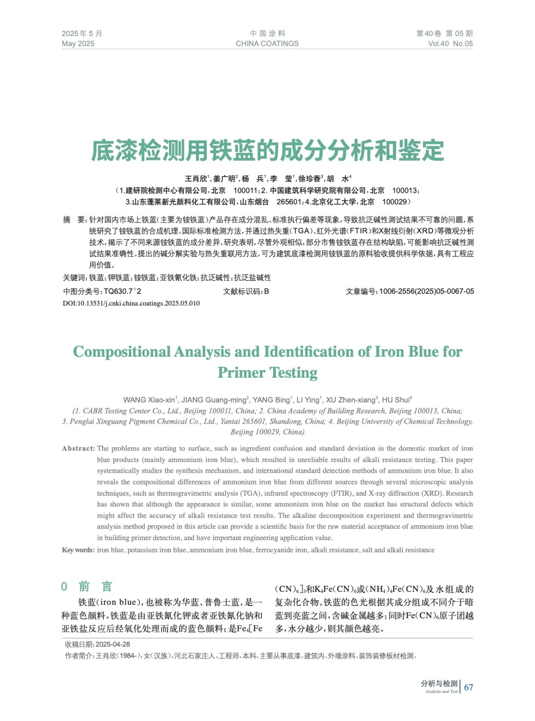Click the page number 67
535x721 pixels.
pos(469,687)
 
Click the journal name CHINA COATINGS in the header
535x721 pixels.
pos(267,44)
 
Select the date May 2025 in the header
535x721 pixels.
pos(78,44)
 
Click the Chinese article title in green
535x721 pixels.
pos(267,151)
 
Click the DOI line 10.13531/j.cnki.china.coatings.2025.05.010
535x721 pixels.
pos(131,303)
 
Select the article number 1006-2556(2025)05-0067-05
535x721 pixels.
pos(426,292)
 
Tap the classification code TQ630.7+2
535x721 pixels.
pos(122,292)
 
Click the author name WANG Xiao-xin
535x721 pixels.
pos(149,400)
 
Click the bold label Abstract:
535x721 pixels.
pos(78,448)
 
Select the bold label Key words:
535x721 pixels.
pos(78,550)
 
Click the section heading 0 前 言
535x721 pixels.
pos(87,586)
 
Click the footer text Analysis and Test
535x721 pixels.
pos(441,691)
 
